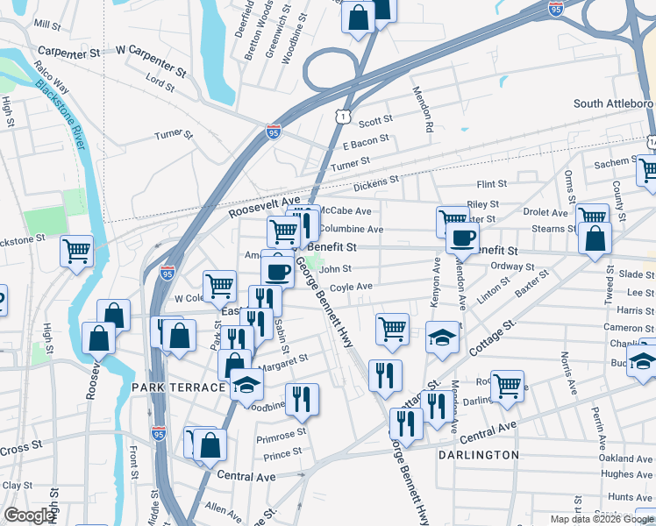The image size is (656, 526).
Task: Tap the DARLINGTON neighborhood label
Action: coord(480,455)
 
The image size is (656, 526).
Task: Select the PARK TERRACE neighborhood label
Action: coord(179,387)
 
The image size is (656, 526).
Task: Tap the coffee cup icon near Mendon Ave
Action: coord(462,237)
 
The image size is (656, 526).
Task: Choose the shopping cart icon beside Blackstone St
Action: coord(77,251)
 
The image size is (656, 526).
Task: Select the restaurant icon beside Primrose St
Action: coord(302,400)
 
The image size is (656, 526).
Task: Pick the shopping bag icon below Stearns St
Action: coord(595,238)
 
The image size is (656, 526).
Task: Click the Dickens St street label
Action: coord(376,184)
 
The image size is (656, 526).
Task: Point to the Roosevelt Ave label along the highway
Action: coord(263,207)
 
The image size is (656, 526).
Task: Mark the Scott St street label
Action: coord(374,122)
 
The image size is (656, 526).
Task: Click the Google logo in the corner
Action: coord(29,515)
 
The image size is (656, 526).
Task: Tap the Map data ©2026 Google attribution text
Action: coord(602,519)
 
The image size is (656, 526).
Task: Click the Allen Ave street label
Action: coord(222,508)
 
